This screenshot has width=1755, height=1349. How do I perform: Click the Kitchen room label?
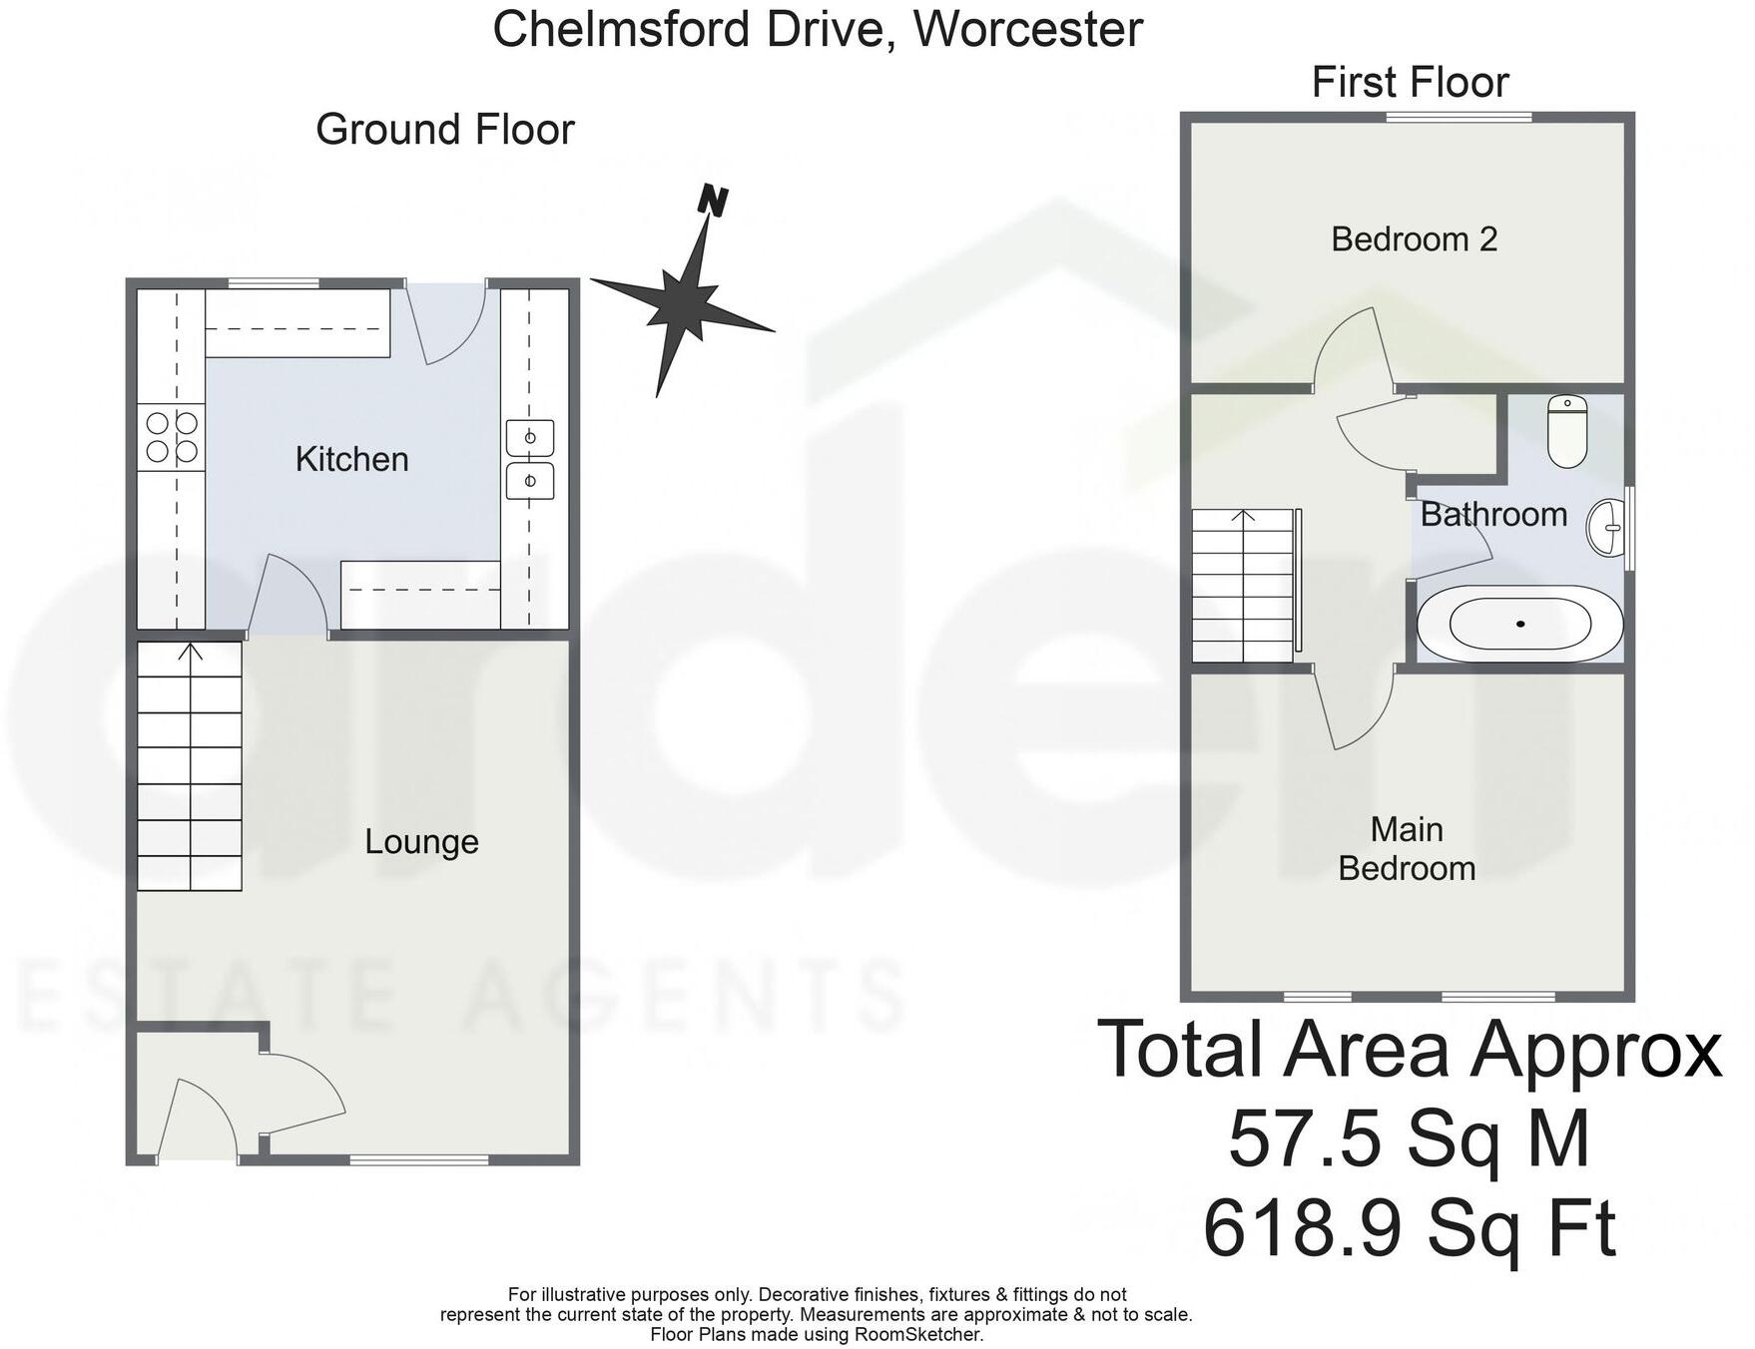(x=351, y=459)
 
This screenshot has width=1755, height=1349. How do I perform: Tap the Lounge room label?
(x=421, y=841)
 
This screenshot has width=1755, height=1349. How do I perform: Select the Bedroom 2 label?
(x=1414, y=239)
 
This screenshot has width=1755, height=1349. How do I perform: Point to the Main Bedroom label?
(x=1406, y=848)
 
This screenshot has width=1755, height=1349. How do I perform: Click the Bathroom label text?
(x=1493, y=514)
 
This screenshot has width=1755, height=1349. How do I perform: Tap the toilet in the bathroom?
(x=1567, y=431)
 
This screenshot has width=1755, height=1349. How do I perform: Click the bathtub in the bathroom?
(x=1519, y=624)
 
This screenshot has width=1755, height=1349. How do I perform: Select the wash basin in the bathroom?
(x=1607, y=527)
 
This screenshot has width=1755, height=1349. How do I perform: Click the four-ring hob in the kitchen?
(x=172, y=437)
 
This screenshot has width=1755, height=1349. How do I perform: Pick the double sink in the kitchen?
(x=529, y=459)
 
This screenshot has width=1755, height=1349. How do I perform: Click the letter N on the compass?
(x=713, y=201)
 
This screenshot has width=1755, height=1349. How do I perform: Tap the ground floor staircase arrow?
(x=191, y=653)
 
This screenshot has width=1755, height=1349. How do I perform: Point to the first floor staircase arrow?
(x=1243, y=516)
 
